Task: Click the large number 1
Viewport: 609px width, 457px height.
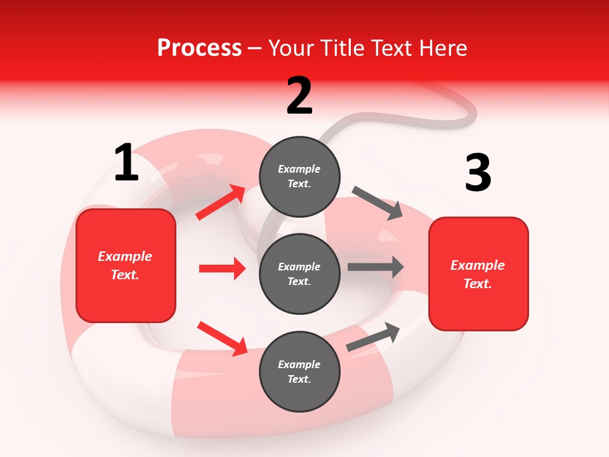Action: (x=126, y=163)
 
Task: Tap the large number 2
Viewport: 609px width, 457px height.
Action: (x=299, y=96)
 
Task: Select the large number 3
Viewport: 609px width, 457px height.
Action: (x=478, y=173)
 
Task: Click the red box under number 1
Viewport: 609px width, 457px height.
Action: (x=126, y=265)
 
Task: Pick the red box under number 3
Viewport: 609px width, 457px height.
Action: (x=478, y=274)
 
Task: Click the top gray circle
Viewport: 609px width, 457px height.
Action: (x=299, y=176)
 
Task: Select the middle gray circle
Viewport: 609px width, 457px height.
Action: (x=299, y=274)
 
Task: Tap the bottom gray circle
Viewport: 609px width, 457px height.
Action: (x=299, y=371)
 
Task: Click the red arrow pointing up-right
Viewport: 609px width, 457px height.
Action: (x=221, y=202)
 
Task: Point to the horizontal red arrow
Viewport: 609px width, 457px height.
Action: (x=222, y=268)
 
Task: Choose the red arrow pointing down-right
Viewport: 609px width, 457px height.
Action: (x=223, y=338)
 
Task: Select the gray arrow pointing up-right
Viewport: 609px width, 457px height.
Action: (x=374, y=336)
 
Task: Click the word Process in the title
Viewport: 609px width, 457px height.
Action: (x=199, y=48)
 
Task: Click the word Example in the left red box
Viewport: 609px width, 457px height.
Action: (x=125, y=256)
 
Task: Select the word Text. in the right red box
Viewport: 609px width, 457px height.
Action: (x=478, y=284)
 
